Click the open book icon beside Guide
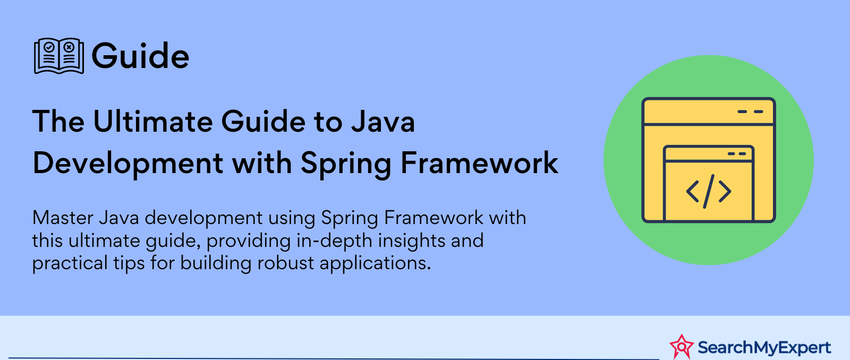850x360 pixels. tap(59, 56)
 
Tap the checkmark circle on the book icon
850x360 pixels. tap(49, 47)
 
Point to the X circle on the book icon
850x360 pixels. tap(69, 47)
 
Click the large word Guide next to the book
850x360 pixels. tap(140, 56)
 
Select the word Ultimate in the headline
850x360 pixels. tap(152, 122)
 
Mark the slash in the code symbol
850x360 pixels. tap(709, 192)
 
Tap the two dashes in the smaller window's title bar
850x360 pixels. tap(737, 153)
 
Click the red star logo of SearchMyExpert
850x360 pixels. tap(682, 347)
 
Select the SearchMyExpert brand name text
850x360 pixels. tap(764, 347)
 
